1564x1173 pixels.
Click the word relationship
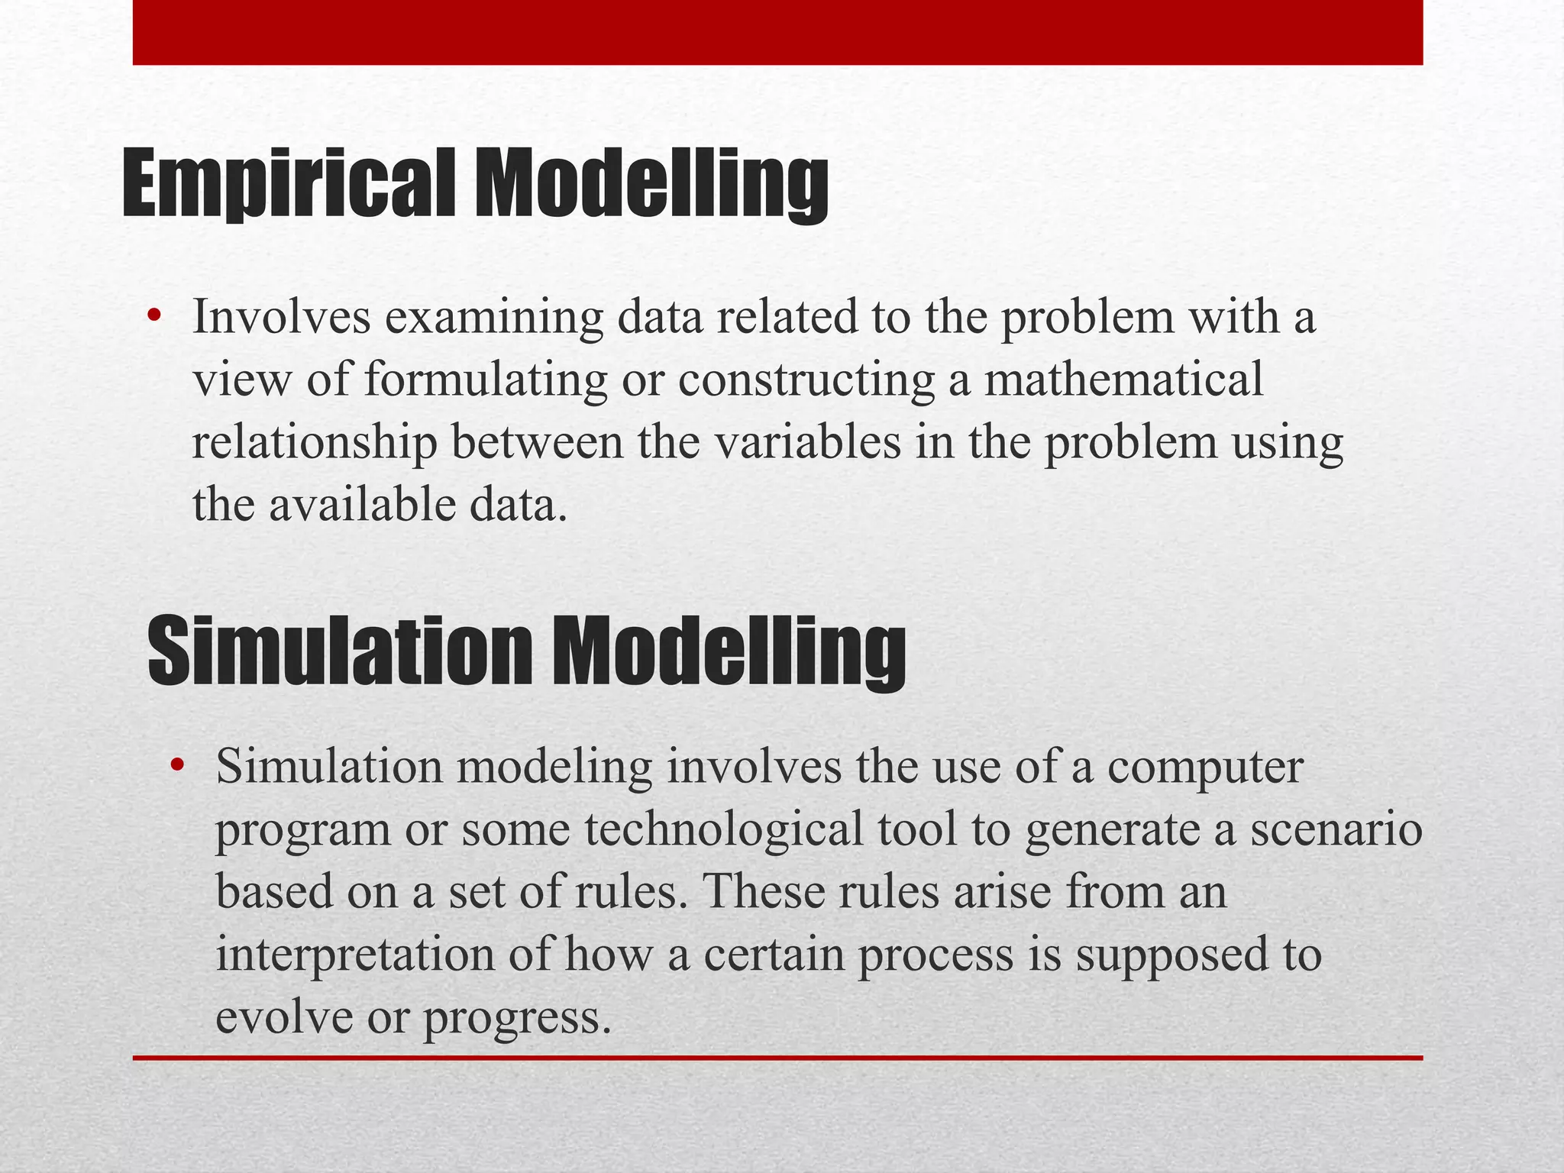pyautogui.click(x=314, y=443)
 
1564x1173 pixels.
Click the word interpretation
pyautogui.click(x=355, y=955)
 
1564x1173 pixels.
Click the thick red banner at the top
pyautogui.click(x=777, y=32)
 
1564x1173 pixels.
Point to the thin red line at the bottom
pyautogui.click(x=777, y=1058)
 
